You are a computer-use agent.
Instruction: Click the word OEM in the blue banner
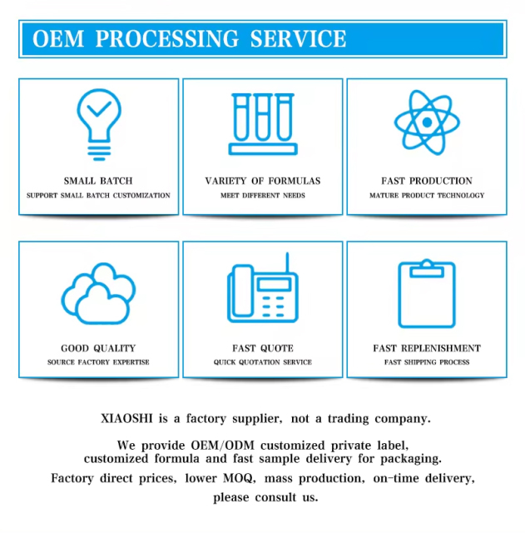pyautogui.click(x=58, y=38)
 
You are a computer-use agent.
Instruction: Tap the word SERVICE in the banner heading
pyautogui.click(x=298, y=38)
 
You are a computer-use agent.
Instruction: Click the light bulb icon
pyautogui.click(x=99, y=124)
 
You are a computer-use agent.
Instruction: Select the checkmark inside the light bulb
pyautogui.click(x=99, y=109)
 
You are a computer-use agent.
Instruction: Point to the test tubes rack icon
pyautogui.click(x=263, y=124)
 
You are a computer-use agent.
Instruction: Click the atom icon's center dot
pyautogui.click(x=427, y=122)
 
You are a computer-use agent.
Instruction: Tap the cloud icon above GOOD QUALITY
pyautogui.click(x=98, y=293)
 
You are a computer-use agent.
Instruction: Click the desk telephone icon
pyautogui.click(x=263, y=287)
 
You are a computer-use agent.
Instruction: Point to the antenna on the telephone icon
pyautogui.click(x=287, y=263)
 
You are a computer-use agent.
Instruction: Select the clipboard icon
pyautogui.click(x=427, y=293)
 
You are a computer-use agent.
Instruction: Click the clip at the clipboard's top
pyautogui.click(x=427, y=269)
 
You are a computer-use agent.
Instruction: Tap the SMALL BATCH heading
pyautogui.click(x=98, y=181)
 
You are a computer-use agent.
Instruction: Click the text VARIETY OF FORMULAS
pyautogui.click(x=263, y=181)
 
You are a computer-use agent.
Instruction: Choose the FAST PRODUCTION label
pyautogui.click(x=427, y=181)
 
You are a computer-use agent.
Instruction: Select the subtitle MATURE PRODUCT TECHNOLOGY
pyautogui.click(x=427, y=196)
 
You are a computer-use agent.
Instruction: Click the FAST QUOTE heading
pyautogui.click(x=263, y=348)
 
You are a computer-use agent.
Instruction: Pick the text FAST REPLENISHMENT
pyautogui.click(x=427, y=348)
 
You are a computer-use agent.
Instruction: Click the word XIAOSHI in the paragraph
pyautogui.click(x=126, y=418)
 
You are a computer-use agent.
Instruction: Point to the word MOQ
pyautogui.click(x=239, y=479)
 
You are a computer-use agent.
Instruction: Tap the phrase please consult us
pyautogui.click(x=265, y=498)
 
